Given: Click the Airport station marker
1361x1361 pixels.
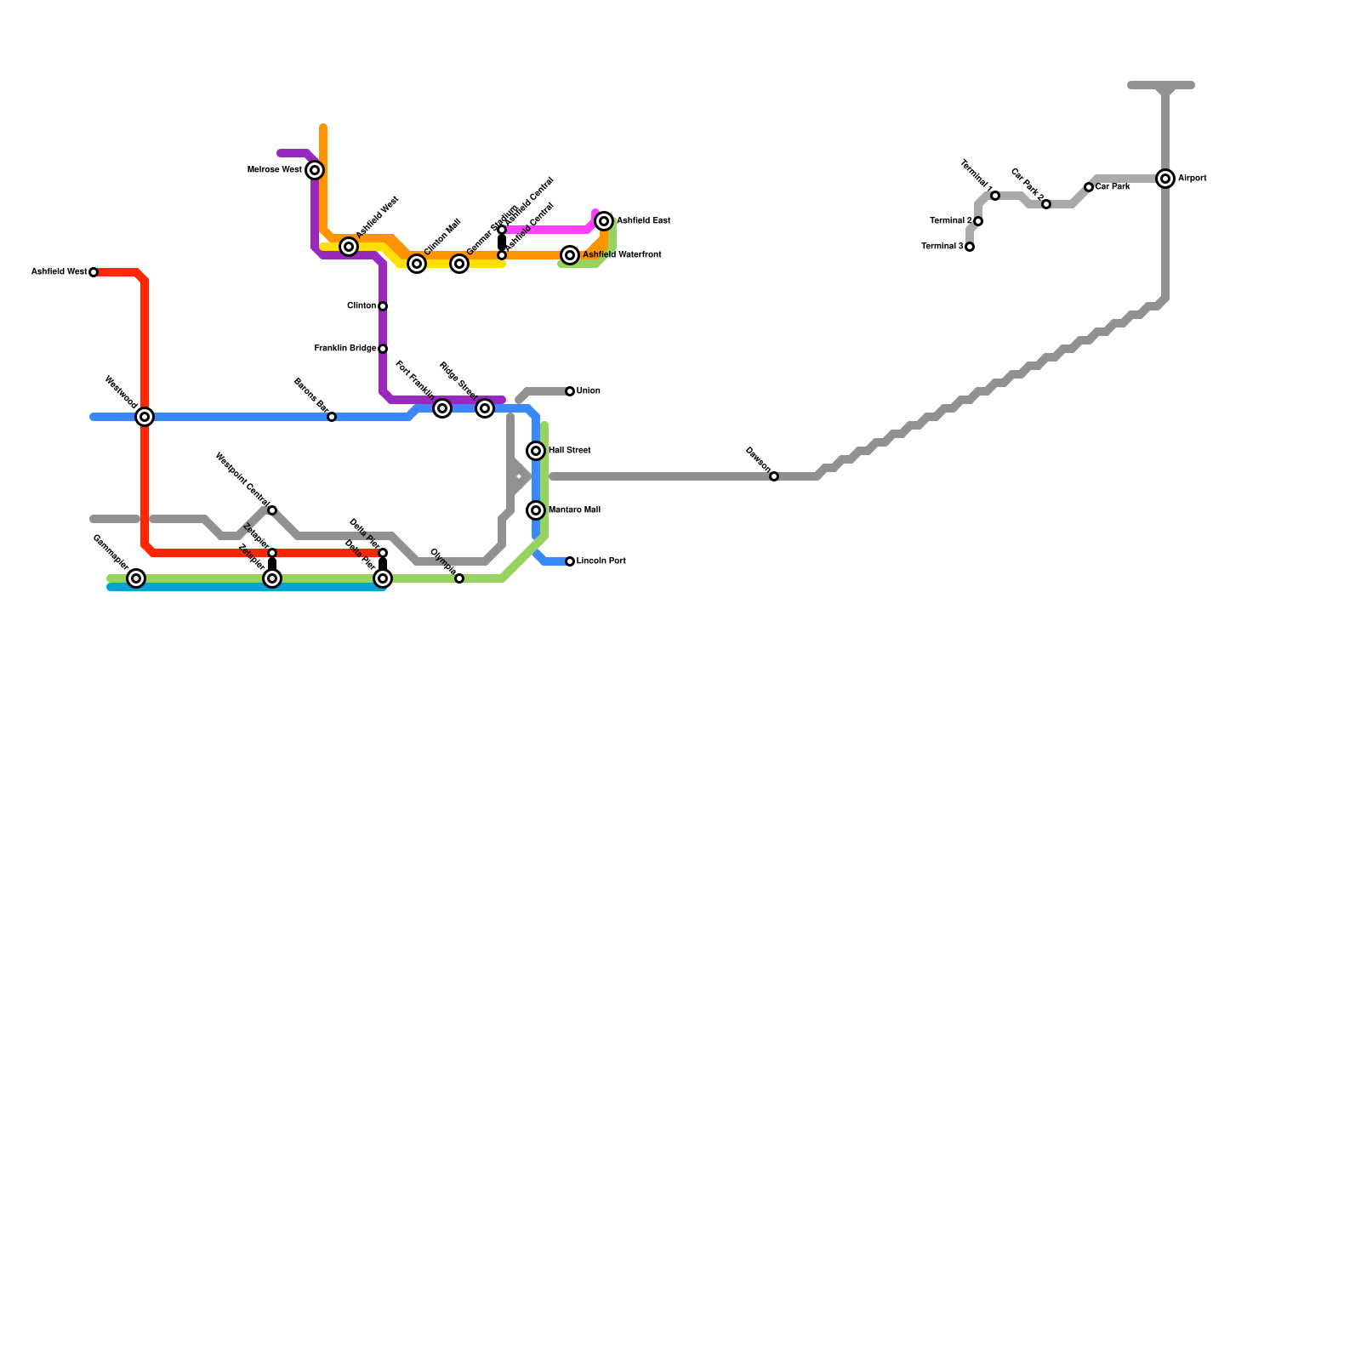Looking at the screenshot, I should click(x=1165, y=179).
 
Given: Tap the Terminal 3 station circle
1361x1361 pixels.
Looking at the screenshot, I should click(x=970, y=247).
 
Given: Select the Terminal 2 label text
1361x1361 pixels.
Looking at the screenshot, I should click(x=950, y=221).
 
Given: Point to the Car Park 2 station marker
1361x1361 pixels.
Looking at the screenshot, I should click(x=1046, y=204).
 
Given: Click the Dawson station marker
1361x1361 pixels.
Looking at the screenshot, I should click(x=774, y=476).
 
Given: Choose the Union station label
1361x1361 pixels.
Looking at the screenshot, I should click(x=589, y=391).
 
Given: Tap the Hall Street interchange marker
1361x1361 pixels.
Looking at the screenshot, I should click(x=536, y=451).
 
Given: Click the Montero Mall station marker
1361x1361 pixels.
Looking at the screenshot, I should click(x=536, y=510).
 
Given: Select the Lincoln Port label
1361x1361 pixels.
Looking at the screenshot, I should click(x=601, y=561).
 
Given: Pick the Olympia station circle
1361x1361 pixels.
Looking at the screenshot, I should click(x=459, y=578).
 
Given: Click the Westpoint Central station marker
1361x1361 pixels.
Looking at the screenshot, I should click(x=272, y=510).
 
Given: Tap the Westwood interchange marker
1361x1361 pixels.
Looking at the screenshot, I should click(x=145, y=417).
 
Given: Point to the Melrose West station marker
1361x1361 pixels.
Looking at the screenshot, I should click(x=315, y=170).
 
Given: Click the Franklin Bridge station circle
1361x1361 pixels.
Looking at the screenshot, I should click(x=383, y=349).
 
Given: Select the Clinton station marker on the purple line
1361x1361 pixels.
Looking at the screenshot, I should click(x=383, y=306).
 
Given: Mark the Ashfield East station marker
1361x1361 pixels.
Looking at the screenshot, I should click(x=604, y=221).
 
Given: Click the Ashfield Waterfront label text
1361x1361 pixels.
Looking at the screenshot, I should click(x=622, y=255).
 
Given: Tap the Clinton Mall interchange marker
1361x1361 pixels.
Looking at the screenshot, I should click(x=417, y=264).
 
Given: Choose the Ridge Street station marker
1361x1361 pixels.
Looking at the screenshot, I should click(x=485, y=408).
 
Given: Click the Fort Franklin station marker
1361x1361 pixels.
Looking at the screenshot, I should click(x=442, y=408).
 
